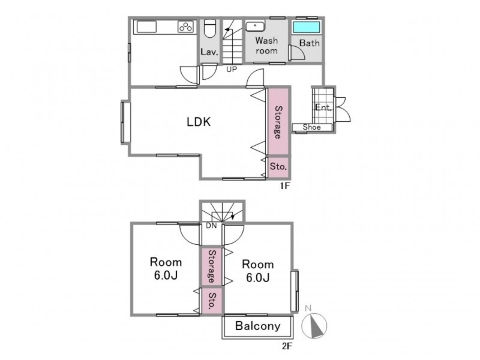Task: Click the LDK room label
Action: (x=199, y=122)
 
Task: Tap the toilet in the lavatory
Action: (x=210, y=28)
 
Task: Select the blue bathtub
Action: (x=307, y=27)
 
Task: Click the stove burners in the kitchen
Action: (x=186, y=27)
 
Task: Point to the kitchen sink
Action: (x=146, y=26)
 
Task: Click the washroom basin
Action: (x=256, y=26)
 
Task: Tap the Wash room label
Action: (x=266, y=46)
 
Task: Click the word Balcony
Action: (x=258, y=326)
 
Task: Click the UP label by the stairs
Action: (x=232, y=70)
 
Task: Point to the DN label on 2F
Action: (x=211, y=226)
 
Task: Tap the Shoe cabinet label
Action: (x=311, y=127)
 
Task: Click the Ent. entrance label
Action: (x=323, y=107)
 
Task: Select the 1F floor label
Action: (x=284, y=186)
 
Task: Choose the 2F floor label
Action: (x=287, y=346)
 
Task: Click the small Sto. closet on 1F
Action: (x=278, y=167)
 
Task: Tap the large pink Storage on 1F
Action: (x=278, y=122)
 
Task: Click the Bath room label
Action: (x=309, y=43)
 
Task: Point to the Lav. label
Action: (x=209, y=52)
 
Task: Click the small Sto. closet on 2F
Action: (x=212, y=301)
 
